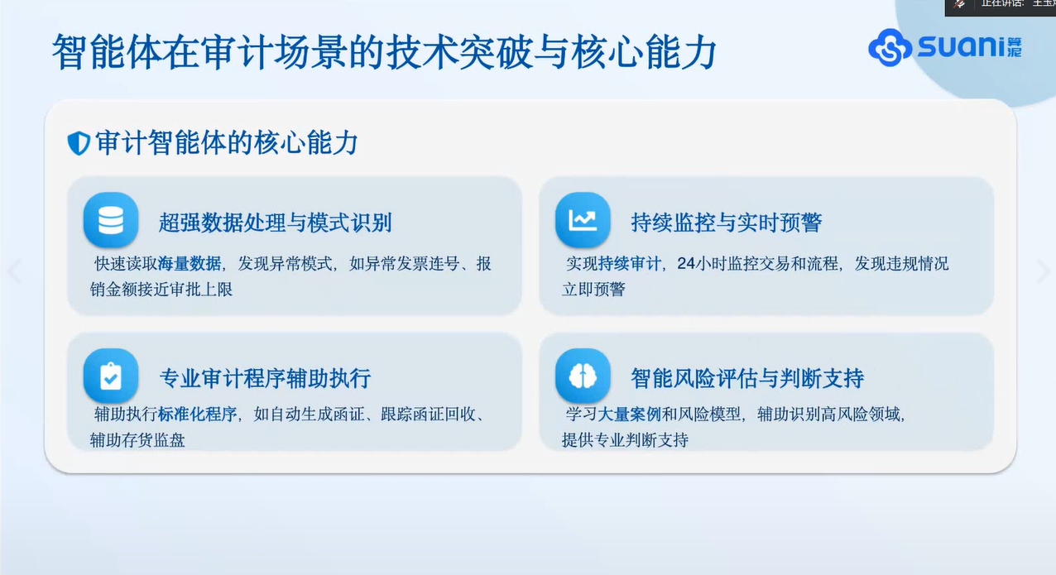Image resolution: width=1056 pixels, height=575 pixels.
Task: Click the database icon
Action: (111, 219)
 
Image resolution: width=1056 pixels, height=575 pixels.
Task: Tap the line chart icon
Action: (583, 219)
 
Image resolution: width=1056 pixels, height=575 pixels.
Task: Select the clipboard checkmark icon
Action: (111, 376)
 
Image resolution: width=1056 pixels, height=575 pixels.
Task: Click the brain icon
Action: (583, 376)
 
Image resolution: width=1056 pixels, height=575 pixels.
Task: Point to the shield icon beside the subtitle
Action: (79, 143)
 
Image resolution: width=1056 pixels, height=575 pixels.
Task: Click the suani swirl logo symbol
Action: (890, 47)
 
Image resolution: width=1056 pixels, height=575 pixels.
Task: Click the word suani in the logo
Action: (962, 46)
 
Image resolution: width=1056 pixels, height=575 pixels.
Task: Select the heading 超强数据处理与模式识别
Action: (275, 223)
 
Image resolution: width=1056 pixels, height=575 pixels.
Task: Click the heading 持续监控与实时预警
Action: (726, 223)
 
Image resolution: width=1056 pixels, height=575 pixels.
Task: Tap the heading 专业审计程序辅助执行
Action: (265, 378)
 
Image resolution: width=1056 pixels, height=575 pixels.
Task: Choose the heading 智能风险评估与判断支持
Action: (747, 378)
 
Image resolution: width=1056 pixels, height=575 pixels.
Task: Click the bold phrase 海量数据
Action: (189, 263)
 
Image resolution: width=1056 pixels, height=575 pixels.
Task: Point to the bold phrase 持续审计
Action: (629, 263)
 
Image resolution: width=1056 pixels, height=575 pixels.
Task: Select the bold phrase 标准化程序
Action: (197, 414)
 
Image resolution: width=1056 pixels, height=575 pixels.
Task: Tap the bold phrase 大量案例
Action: (629, 414)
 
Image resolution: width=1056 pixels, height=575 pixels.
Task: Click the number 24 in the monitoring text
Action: (686, 263)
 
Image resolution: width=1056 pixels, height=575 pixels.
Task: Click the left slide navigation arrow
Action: (16, 271)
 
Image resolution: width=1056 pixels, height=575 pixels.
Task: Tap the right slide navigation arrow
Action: (1043, 271)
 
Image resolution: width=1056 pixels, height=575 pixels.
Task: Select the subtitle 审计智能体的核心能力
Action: (227, 143)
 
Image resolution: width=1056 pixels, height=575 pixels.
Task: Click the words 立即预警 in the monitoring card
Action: (593, 290)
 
